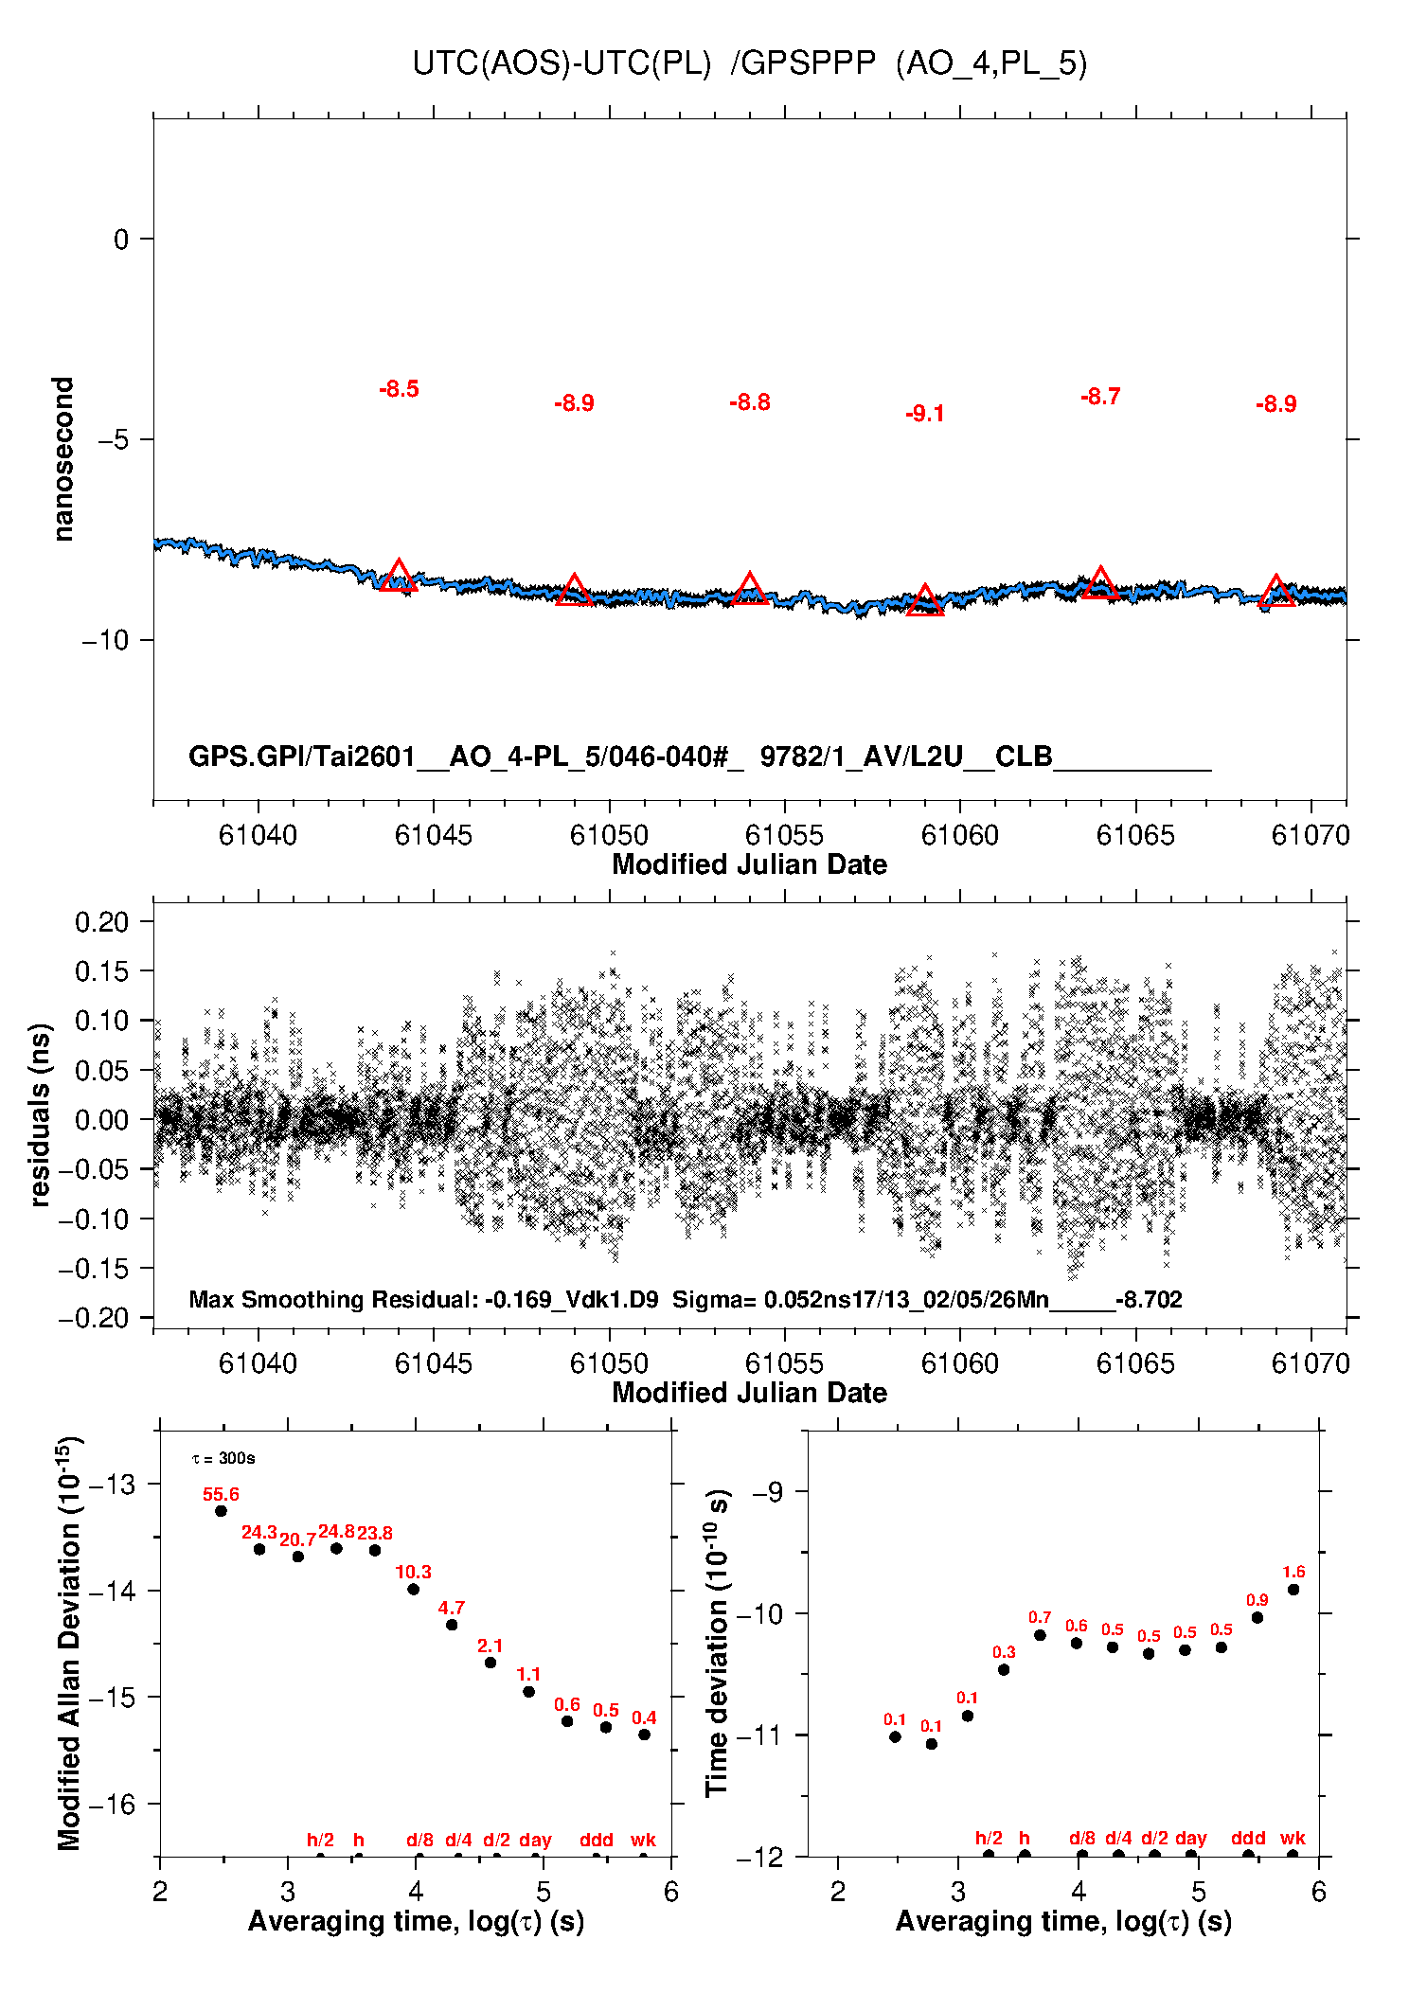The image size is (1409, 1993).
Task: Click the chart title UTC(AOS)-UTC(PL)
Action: pos(562,63)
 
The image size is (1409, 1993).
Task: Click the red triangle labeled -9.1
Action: pos(925,601)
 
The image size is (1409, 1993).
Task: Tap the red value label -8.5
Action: pos(399,389)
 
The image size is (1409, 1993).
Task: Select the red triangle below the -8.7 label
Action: pos(1100,583)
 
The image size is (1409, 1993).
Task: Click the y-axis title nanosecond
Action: pos(62,459)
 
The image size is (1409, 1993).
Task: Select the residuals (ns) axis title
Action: pos(40,1115)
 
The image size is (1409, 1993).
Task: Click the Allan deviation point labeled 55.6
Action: pos(221,1511)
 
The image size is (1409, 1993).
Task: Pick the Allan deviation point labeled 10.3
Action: pos(413,1589)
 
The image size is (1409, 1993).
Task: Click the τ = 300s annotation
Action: pos(223,1459)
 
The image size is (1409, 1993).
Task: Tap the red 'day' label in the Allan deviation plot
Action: pos(535,1840)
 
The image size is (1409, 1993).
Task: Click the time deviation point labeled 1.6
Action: pos(1293,1590)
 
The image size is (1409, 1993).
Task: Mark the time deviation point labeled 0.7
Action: pos(1040,1635)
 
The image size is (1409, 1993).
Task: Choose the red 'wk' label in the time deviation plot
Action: pos(1293,1838)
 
